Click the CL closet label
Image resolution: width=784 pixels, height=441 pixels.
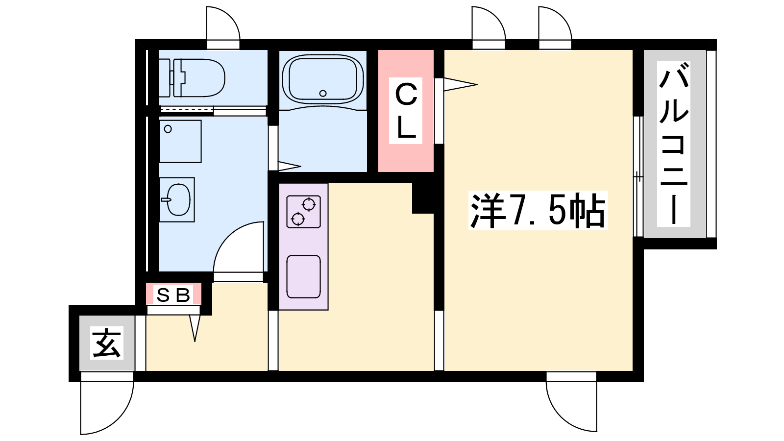[406, 111]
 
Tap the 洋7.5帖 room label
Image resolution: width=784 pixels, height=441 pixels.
[538, 210]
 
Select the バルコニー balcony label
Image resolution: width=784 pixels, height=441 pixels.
[673, 144]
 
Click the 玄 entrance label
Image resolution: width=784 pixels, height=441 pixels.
[107, 343]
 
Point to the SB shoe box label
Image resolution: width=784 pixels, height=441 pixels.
[173, 295]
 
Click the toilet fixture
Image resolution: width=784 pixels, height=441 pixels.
[192, 78]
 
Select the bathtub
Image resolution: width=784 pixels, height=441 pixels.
[323, 79]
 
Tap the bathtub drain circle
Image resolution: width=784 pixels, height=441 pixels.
[323, 94]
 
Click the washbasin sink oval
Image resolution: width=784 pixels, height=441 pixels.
[178, 199]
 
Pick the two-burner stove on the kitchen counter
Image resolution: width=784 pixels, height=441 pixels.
[303, 212]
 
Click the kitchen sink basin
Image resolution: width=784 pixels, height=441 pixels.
[303, 277]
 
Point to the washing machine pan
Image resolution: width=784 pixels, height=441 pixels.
[180, 142]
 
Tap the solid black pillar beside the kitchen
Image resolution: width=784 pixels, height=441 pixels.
[423, 198]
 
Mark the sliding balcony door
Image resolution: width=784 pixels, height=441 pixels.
[638, 177]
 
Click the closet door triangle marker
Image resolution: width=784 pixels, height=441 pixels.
[460, 84]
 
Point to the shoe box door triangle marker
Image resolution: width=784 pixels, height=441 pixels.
[195, 328]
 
